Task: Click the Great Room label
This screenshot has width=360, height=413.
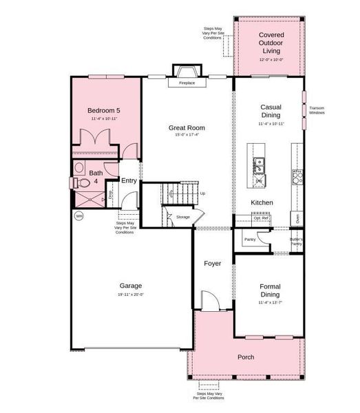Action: pos(187,127)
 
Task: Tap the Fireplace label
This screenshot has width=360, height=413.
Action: pos(187,83)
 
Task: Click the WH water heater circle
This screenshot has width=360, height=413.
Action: pos(79,215)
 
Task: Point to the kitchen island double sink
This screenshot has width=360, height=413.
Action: pos(260,165)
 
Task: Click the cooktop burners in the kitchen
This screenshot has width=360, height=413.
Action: pos(297,177)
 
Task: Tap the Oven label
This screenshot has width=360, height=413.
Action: pos(297,218)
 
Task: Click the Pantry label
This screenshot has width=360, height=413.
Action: pos(250,240)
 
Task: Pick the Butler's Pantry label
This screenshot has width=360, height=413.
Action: pos(296,242)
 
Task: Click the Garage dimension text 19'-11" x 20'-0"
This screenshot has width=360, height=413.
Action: pos(131,295)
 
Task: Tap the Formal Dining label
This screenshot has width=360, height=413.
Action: pos(269,290)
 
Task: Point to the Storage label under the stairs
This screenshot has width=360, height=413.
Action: pos(182,217)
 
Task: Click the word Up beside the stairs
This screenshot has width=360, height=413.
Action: pos(202,193)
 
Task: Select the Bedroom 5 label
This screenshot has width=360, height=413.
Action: pos(105,110)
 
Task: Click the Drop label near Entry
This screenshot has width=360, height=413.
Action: pos(111,195)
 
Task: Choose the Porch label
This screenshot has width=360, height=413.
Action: pos(246,357)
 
